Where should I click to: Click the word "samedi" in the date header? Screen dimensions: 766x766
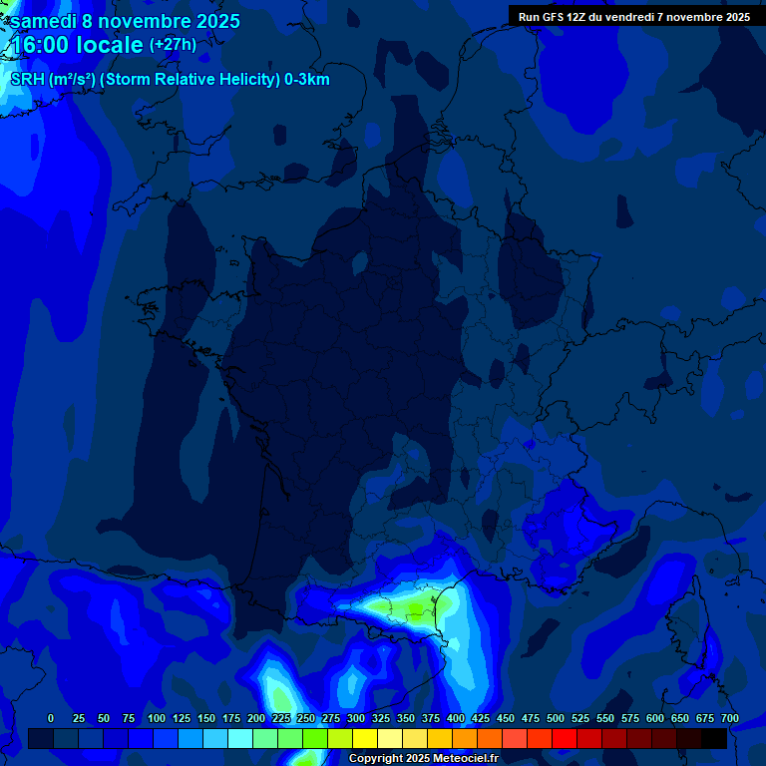[x=44, y=21]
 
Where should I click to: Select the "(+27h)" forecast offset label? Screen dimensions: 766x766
[x=173, y=45]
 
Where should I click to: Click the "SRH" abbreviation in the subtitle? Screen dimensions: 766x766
[x=28, y=80]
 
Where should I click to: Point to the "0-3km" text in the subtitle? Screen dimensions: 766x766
[x=307, y=80]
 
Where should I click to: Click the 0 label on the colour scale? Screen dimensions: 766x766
[x=51, y=718]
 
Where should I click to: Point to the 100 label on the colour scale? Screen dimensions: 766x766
[x=157, y=718]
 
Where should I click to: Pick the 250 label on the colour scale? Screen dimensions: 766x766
[x=306, y=718]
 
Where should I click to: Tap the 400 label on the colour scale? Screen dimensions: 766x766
[x=456, y=718]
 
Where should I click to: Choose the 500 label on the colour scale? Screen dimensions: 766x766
[x=556, y=718]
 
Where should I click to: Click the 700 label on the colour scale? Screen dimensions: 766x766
[x=730, y=718]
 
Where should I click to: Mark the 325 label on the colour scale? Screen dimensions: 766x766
[x=381, y=718]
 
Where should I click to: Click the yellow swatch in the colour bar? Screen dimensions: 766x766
[x=365, y=738]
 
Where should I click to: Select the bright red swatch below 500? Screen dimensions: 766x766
[x=565, y=738]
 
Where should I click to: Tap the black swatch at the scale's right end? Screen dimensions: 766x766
[x=714, y=738]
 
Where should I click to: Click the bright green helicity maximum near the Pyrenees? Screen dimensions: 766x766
[x=413, y=605]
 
